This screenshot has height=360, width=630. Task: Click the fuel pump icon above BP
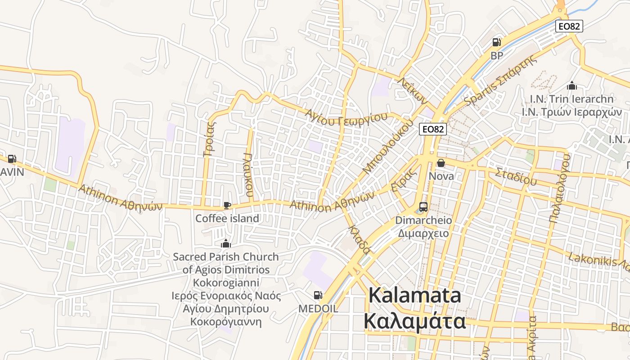[x=497, y=42]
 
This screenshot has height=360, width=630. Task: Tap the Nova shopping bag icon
[x=441, y=163]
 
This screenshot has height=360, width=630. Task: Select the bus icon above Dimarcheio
[x=423, y=207]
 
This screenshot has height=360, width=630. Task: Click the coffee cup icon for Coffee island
[x=227, y=206]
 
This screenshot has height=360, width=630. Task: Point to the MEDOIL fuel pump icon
[x=318, y=295]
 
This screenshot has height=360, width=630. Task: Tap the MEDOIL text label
[x=318, y=309]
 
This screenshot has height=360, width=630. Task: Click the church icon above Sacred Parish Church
[x=225, y=244]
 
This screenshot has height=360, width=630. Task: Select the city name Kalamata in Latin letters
[x=414, y=296]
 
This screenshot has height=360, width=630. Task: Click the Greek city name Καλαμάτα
[x=414, y=321]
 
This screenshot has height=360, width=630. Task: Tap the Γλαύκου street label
[x=248, y=175]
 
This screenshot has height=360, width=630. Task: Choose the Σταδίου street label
[x=516, y=176]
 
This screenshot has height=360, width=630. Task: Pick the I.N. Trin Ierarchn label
[x=571, y=99]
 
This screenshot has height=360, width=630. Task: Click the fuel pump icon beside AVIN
[x=12, y=158]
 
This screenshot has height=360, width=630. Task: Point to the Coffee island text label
[x=227, y=219]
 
